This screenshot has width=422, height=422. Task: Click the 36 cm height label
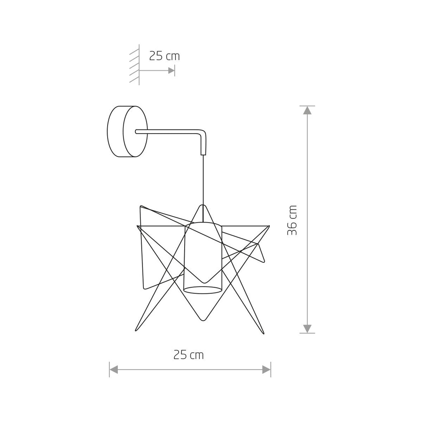pyautogui.click(x=292, y=220)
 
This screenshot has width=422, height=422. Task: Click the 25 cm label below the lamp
pyautogui.click(x=188, y=355)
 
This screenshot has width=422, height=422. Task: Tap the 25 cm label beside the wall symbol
pyautogui.click(x=164, y=56)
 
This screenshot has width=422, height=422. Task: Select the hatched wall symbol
pyautogui.click(x=135, y=65)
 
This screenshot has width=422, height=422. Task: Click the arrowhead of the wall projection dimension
pyautogui.click(x=171, y=70)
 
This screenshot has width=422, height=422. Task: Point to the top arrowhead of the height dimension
pyautogui.click(x=307, y=110)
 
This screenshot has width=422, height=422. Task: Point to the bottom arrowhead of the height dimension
pyautogui.click(x=307, y=329)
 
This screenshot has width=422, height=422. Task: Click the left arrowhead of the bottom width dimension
pyautogui.click(x=114, y=370)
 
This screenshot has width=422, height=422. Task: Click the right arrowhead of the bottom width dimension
pyautogui.click(x=267, y=370)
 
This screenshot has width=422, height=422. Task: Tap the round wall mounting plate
pyautogui.click(x=127, y=131)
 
